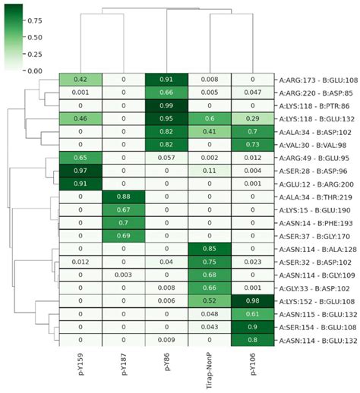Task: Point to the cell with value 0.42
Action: point(81,78)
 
